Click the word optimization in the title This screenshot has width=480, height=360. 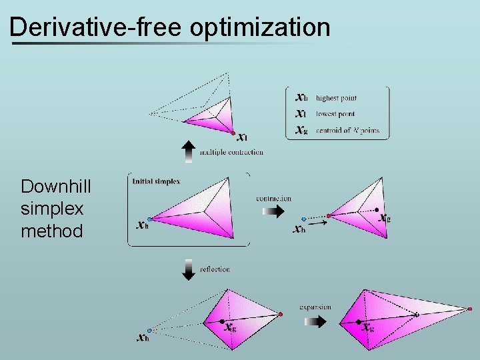261,27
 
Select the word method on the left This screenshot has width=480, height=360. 52,231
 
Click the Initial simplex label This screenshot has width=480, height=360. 156,181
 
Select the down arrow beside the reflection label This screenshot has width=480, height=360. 189,269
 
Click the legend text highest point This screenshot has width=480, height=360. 336,98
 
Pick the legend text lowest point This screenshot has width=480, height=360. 335,114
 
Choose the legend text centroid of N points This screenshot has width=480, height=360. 347,130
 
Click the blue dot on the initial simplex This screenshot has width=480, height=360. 149,219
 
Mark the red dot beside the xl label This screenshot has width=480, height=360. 233,133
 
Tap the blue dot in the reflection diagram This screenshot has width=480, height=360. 149,330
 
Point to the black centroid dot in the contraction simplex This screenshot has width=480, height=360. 377,209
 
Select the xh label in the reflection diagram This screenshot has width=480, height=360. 142,338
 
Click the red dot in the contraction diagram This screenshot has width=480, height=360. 329,215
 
